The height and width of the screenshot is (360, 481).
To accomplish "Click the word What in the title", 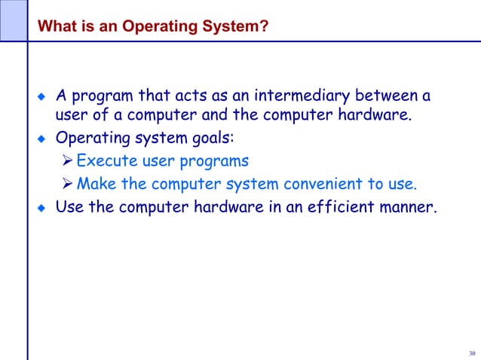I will pos(54,27).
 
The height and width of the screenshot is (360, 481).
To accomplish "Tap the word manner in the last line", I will pos(408,206).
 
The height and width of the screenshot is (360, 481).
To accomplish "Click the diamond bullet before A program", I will pos(42,97).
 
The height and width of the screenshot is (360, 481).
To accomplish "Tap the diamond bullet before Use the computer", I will pos(42,207).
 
